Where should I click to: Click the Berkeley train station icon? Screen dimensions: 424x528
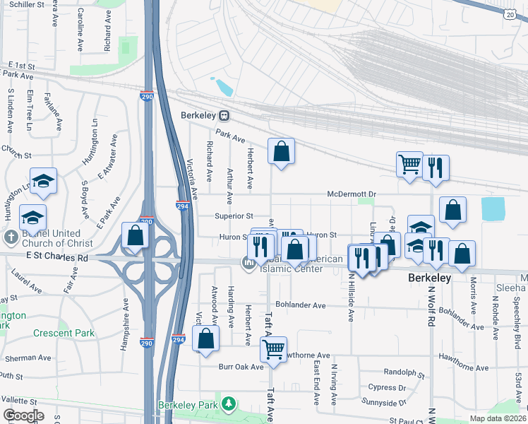tap(224, 115)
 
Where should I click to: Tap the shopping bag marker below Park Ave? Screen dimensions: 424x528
tap(281, 151)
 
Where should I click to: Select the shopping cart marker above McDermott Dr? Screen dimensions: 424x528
tap(409, 165)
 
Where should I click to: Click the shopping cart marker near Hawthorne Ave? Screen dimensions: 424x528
tap(273, 348)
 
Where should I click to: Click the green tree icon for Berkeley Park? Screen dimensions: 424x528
tap(228, 404)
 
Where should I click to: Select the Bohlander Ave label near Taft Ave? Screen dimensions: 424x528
tap(301, 305)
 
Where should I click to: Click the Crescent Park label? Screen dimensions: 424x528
tap(63, 332)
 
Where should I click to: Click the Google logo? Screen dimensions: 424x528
tap(23, 415)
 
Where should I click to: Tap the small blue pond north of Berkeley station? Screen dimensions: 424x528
tap(224, 88)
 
